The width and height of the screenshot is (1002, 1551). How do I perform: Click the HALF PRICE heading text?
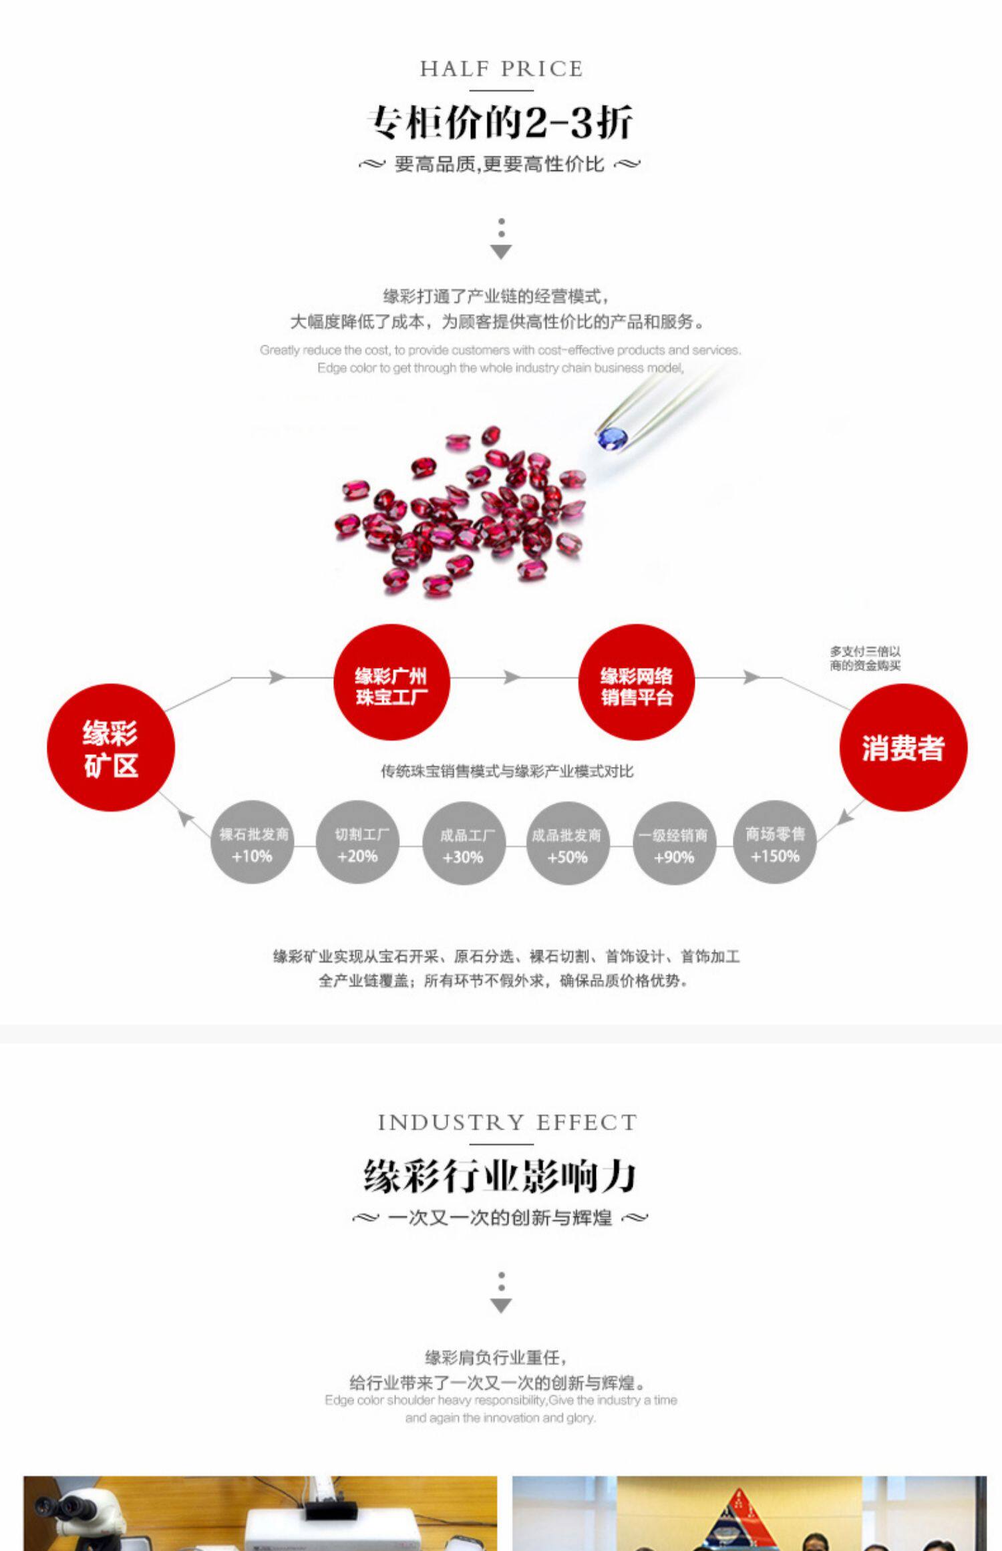[501, 69]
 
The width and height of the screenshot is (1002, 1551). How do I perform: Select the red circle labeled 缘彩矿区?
[111, 748]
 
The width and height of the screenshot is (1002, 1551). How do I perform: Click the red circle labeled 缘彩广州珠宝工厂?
[391, 683]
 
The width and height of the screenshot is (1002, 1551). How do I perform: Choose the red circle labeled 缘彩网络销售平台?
[636, 683]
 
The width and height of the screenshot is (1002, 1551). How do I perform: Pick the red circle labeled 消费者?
[903, 748]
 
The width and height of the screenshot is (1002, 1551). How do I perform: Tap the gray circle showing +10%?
[253, 843]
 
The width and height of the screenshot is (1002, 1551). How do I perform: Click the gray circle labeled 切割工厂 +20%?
[357, 843]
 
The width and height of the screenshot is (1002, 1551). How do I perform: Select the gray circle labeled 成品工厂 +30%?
[464, 844]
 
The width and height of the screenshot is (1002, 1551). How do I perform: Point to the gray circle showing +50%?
[567, 844]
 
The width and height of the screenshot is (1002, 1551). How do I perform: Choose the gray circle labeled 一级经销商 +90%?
[674, 844]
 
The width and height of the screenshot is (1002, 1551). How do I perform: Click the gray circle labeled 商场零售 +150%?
[775, 843]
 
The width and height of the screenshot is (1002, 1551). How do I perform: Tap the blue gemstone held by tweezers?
[612, 438]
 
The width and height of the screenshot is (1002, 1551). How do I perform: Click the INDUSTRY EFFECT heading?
[507, 1123]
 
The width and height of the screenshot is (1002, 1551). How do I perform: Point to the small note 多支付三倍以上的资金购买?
[865, 658]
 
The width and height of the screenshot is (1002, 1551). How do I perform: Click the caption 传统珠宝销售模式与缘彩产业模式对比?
[507, 771]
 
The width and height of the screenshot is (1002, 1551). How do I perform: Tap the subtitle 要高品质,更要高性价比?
[500, 164]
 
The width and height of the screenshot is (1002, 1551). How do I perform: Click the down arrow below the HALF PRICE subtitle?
[501, 250]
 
